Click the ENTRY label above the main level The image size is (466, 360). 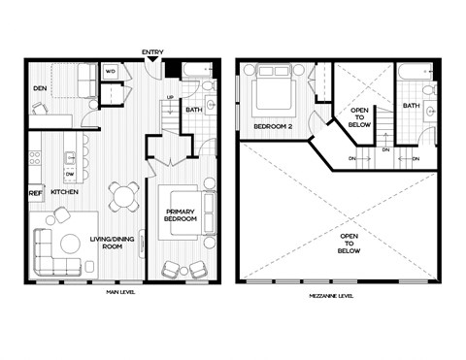pos(151,51)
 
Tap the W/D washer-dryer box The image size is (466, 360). pos(111,71)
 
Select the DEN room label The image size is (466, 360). pos(39,89)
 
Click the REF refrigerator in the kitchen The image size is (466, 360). pos(35,192)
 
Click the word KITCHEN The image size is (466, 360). pos(64,192)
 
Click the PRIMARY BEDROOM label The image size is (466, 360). pos(182,215)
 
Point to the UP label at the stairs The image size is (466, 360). pos(172,97)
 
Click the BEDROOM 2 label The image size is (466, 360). pos(273,126)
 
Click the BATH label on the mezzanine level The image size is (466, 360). pos(412,106)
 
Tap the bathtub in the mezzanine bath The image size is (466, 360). pos(416,70)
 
